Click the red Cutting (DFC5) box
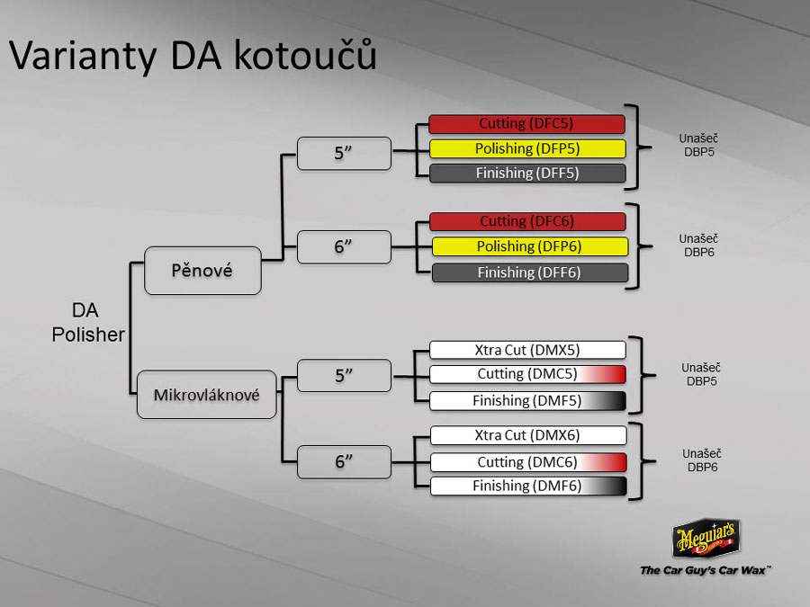pos(526,124)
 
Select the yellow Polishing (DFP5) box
pos(526,148)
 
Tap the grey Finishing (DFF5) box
pos(526,174)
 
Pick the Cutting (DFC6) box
pos(526,221)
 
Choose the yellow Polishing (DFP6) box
pos(529,246)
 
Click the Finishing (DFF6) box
pos(529,272)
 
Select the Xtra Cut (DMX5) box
pos(527,350)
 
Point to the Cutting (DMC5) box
pos(527,374)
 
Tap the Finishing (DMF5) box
pos(527,401)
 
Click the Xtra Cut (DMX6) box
pos(527,435)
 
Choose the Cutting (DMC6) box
pos(527,462)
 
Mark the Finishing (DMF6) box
pos(527,486)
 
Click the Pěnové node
pos(202,270)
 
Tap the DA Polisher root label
pos(87,322)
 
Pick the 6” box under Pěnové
pos(345,246)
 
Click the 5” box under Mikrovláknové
pos(345,375)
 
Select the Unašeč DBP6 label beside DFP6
pos(698,245)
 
